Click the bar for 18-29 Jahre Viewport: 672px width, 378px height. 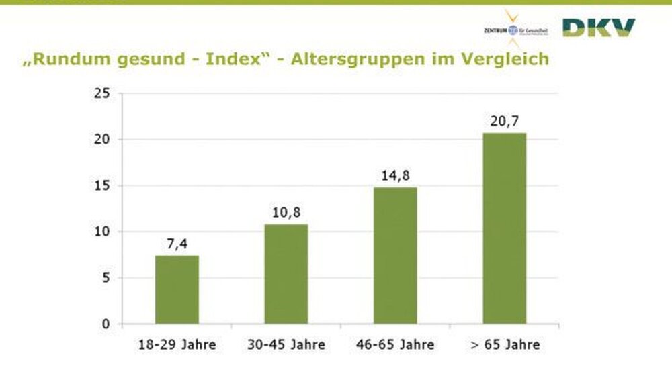tap(177, 289)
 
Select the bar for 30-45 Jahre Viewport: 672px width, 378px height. tap(286, 274)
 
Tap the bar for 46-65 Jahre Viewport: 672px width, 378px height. tap(395, 255)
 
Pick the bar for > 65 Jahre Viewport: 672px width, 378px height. tap(504, 228)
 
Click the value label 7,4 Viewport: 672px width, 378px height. tap(177, 244)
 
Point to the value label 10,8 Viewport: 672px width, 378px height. tap(286, 213)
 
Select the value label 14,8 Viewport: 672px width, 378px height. tap(395, 176)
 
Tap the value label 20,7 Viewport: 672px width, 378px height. tap(504, 122)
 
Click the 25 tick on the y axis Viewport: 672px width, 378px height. tap(101, 93)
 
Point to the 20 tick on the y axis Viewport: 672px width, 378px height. tap(101, 140)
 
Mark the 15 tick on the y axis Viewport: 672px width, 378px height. tap(101, 186)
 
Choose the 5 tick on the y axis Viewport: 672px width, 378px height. tap(105, 278)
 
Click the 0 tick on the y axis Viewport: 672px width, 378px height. tap(105, 324)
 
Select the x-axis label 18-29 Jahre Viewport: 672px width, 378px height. tap(177, 345)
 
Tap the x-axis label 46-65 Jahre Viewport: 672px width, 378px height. tap(396, 345)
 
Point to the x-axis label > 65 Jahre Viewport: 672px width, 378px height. tap(505, 345)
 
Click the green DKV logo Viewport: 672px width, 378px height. tap(598, 28)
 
